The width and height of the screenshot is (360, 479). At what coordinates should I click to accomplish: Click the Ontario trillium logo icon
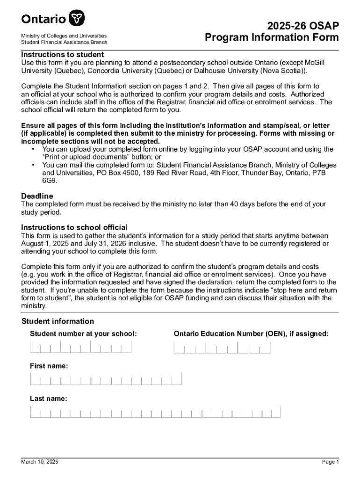click(x=77, y=19)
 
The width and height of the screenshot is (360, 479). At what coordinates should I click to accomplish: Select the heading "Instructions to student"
click(x=62, y=55)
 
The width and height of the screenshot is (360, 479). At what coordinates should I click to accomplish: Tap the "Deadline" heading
click(x=37, y=196)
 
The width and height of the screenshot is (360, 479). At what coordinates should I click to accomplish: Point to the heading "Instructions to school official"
click(x=74, y=227)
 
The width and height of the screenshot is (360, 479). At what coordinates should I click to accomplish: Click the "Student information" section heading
click(x=58, y=321)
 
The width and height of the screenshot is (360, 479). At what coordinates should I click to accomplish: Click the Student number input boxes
click(x=81, y=347)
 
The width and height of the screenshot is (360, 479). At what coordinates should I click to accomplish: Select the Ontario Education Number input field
click(x=222, y=348)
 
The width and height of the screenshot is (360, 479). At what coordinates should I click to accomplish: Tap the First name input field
click(x=106, y=379)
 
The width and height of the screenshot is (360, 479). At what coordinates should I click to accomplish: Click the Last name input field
click(x=155, y=412)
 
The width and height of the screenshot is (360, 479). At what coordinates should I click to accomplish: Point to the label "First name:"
click(x=49, y=366)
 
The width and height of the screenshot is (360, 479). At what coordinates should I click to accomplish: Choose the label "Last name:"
click(x=48, y=399)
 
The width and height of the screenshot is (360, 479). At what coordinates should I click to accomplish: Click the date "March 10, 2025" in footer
click(x=40, y=462)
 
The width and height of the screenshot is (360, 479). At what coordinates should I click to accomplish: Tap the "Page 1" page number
click(x=330, y=462)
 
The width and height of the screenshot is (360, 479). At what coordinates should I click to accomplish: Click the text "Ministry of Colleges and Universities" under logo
click(x=64, y=36)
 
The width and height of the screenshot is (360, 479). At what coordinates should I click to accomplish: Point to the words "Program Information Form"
click(x=272, y=37)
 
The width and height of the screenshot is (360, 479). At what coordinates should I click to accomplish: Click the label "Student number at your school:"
click(x=83, y=334)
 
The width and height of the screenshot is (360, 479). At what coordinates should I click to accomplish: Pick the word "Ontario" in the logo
click(x=43, y=19)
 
